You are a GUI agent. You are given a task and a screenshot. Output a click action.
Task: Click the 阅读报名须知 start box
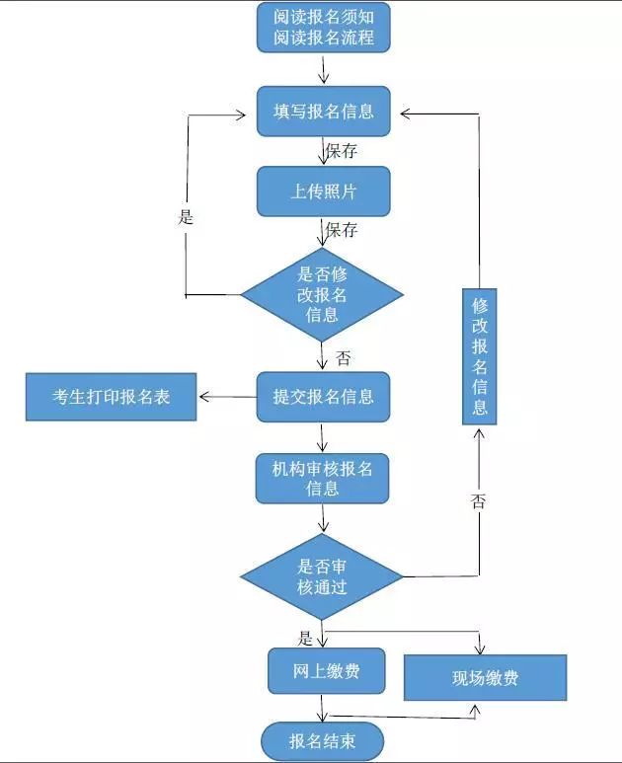324,28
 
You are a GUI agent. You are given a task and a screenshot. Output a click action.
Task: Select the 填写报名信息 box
324,112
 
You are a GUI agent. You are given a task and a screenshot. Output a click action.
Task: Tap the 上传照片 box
324,191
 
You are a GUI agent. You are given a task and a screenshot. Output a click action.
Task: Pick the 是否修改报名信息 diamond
322,294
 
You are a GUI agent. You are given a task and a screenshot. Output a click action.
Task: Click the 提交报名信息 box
324,397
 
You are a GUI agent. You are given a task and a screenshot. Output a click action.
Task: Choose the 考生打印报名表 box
112,397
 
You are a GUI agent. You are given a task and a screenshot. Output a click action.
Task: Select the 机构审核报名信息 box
323,478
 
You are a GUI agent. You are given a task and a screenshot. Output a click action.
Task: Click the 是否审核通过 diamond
322,577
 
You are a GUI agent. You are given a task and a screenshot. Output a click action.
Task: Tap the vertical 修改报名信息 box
480,356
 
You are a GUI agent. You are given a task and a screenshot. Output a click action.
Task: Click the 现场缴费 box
486,678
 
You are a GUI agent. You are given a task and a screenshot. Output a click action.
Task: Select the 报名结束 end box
322,741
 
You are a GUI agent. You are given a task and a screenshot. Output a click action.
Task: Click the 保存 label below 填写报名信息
341,152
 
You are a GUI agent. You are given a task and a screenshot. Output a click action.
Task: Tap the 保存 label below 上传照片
341,231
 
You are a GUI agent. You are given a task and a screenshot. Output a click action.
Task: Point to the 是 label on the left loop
186,217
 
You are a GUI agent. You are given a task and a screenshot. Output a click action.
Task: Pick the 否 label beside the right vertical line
479,501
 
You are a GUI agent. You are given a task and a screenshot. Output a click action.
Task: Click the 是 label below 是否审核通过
305,638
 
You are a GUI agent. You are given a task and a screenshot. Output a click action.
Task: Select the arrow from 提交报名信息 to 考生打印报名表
227,398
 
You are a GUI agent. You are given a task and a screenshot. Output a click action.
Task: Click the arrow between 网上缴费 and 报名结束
323,708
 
